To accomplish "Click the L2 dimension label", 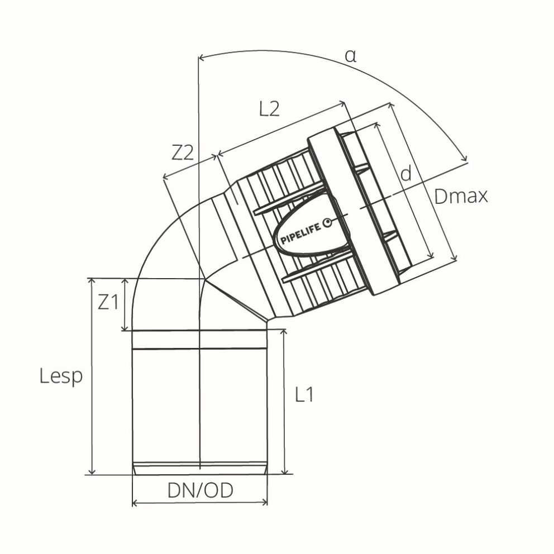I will [x=269, y=108].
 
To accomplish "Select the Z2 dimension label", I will [x=182, y=152].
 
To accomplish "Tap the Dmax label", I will [x=461, y=196].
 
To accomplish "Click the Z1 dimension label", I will [x=108, y=302].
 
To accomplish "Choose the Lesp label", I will [x=61, y=376].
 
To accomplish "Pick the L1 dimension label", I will [x=304, y=395].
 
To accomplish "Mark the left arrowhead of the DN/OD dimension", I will [x=135, y=503].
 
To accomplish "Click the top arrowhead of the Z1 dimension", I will [x=125, y=281].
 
